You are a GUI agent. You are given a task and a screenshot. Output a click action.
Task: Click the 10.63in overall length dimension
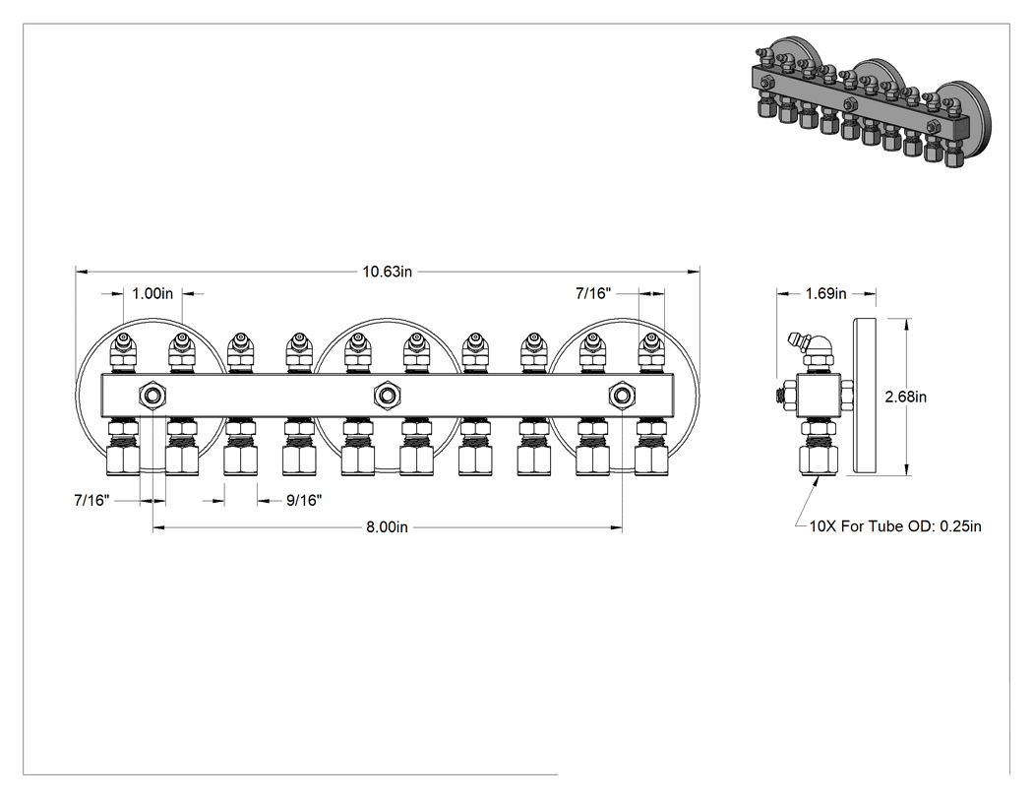[x=388, y=272]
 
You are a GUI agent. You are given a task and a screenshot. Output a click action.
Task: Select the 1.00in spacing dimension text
[x=152, y=293]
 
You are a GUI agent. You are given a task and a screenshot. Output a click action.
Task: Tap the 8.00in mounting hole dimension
[x=388, y=527]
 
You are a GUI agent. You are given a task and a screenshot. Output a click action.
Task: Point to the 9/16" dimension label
[x=304, y=501]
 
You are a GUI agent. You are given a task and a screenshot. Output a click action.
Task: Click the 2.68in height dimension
[x=906, y=397]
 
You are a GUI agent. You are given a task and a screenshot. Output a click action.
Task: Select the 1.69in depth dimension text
[x=825, y=293]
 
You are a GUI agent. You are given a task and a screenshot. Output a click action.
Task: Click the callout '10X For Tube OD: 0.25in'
[x=895, y=525]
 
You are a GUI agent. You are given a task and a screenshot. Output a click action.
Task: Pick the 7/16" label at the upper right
[x=593, y=293]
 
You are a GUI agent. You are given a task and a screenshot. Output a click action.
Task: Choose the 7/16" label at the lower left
[x=91, y=500]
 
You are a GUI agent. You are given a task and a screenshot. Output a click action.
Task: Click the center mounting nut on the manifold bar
[x=388, y=396]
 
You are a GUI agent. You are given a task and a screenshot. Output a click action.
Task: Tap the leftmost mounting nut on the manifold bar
[x=152, y=396]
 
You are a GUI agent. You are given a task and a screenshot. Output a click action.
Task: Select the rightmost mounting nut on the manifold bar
[x=621, y=396]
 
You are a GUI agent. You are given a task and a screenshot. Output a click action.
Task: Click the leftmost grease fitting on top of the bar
[x=123, y=352]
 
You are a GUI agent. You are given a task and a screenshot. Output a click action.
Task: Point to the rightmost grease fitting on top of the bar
[x=651, y=352]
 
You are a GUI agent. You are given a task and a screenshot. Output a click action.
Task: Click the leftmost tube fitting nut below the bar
[x=123, y=460]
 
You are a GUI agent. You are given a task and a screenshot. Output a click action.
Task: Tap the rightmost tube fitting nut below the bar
[x=651, y=460]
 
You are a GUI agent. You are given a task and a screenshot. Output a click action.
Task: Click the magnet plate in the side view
[x=865, y=396]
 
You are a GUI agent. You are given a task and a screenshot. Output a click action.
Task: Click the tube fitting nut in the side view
[x=819, y=460]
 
